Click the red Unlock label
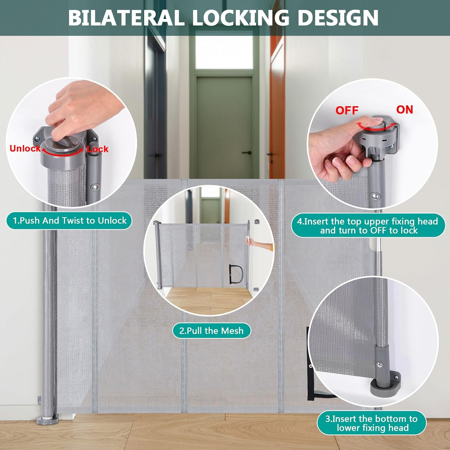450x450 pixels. tap(25, 148)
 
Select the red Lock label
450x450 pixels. tap(98, 149)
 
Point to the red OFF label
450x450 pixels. tap(347, 110)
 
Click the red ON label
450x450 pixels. tap(405, 109)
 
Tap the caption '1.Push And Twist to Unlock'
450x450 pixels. tap(69, 220)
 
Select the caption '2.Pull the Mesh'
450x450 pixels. tap(211, 331)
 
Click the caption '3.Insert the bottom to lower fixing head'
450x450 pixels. tap(372, 423)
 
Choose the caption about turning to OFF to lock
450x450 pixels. tap(368, 226)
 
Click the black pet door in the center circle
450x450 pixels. tap(235, 274)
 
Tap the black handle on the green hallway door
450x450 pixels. tap(247, 153)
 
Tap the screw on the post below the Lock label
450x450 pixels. tap(95, 187)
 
